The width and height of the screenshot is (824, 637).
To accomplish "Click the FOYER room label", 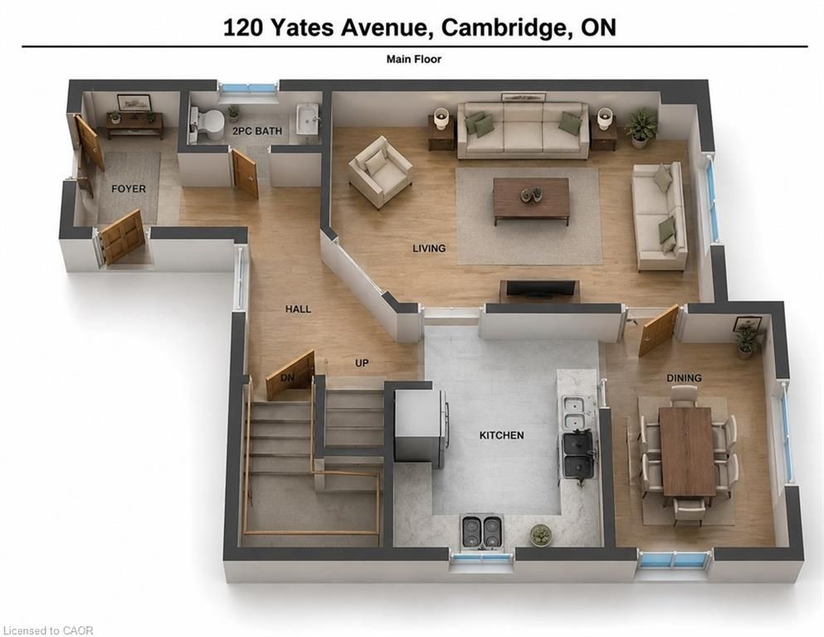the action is [x=129, y=188].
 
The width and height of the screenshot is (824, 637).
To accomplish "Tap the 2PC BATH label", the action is [x=257, y=131].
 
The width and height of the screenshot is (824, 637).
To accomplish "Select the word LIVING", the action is [x=429, y=248].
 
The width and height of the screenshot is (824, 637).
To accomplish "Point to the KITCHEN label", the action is [x=501, y=435].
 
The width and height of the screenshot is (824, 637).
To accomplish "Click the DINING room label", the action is [x=684, y=377].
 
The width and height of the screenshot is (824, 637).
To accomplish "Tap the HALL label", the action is [x=298, y=309].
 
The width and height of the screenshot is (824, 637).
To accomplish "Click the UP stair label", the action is [x=362, y=363].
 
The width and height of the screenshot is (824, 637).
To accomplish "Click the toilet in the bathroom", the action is [x=207, y=124].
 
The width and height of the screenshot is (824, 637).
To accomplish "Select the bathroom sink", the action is [x=308, y=119].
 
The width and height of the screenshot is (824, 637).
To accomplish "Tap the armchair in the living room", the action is [x=381, y=172].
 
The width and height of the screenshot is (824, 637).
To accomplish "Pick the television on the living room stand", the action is [x=539, y=287].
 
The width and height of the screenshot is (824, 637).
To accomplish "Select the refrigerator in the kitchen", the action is [x=421, y=425].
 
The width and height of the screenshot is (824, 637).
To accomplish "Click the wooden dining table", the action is [x=687, y=452].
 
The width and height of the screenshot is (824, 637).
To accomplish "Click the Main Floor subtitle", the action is [x=413, y=60].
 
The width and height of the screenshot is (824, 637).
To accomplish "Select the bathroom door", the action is [x=245, y=173].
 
